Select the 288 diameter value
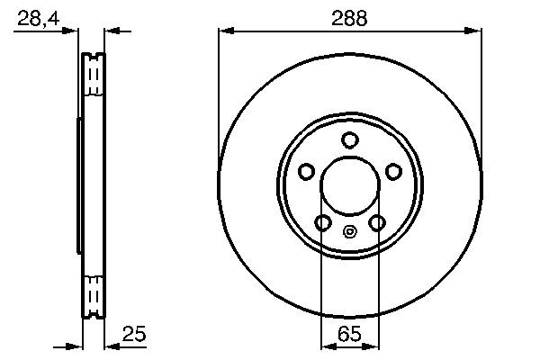pos(349,19)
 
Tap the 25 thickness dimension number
pos(133,335)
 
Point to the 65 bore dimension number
pos(350,335)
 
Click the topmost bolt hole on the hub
pos(350,139)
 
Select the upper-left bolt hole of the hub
pos(306,172)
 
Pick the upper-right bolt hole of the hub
pos(393,172)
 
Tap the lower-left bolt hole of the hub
pos(322,222)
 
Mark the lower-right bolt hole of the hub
pos(378,222)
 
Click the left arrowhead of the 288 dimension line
pos(226,31)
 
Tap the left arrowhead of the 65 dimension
pos(328,346)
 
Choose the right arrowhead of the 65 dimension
pos(373,346)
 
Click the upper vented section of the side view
pos(93,76)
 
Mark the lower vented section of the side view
pos(93,294)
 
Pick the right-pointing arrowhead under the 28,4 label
pos(75,31)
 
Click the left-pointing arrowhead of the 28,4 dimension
pos(112,31)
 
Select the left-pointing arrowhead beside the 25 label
pos(112,346)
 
